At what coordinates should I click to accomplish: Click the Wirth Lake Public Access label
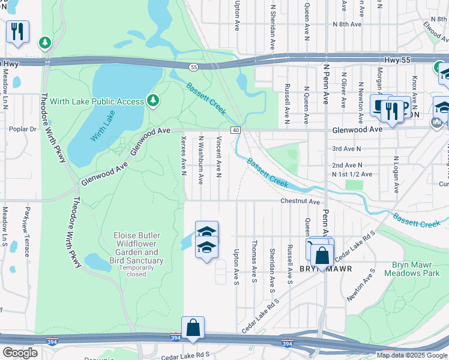97,101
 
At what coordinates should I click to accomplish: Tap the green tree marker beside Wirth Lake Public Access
154,100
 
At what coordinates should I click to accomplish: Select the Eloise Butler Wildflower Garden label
136,253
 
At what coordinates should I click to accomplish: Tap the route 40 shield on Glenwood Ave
235,130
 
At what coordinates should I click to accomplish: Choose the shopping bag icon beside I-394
193,328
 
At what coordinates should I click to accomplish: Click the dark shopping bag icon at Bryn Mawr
322,256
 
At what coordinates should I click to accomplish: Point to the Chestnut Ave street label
299,202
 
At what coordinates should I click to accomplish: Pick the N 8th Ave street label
347,25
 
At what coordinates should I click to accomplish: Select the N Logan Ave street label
396,175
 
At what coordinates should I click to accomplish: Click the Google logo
20,353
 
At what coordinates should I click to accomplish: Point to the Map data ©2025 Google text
411,355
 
